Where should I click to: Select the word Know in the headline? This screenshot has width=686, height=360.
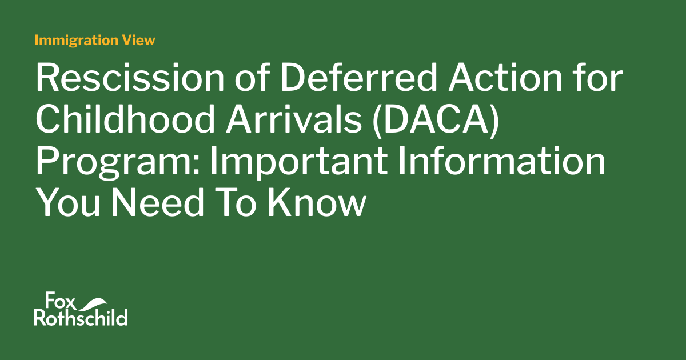(318, 203)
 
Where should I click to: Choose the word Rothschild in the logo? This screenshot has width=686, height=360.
(81, 318)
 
